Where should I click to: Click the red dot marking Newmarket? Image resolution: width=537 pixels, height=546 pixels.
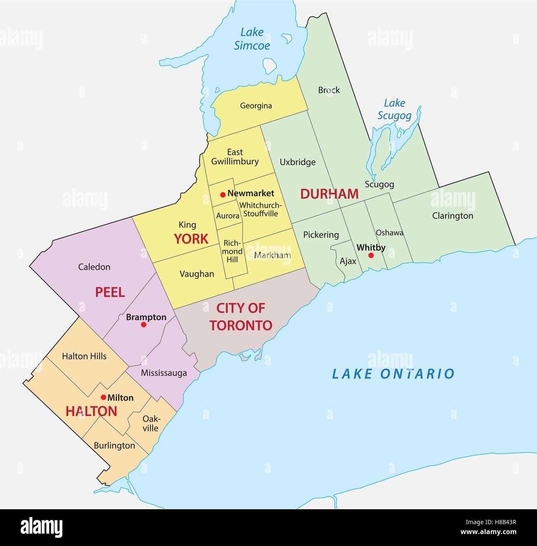(223, 194)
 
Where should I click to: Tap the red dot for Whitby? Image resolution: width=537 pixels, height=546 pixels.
(371, 256)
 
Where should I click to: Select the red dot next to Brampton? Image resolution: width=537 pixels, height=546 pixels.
(144, 325)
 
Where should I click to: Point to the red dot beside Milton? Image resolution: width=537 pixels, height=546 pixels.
(103, 397)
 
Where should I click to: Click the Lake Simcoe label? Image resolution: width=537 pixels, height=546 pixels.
(252, 39)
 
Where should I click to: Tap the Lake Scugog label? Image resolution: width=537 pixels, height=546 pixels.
(394, 109)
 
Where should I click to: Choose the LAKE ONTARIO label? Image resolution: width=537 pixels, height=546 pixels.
(393, 374)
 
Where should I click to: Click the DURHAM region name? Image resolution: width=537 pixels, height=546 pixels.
(329, 194)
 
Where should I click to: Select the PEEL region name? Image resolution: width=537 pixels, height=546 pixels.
(110, 292)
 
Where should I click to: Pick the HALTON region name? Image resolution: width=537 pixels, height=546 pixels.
(91, 411)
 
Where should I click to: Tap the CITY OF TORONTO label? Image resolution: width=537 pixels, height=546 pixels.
(241, 317)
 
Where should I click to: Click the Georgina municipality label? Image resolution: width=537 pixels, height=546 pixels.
(256, 106)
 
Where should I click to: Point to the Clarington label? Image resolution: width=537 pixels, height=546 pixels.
(453, 216)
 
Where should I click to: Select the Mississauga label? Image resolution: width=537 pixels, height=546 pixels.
(164, 373)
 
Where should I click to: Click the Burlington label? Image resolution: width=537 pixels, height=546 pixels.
(114, 446)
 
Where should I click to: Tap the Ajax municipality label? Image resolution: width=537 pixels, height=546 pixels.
(348, 261)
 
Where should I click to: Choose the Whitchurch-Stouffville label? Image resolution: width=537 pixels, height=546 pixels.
(261, 209)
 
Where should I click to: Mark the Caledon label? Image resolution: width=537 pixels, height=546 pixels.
(95, 267)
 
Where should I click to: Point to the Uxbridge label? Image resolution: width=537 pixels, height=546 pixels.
(297, 162)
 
